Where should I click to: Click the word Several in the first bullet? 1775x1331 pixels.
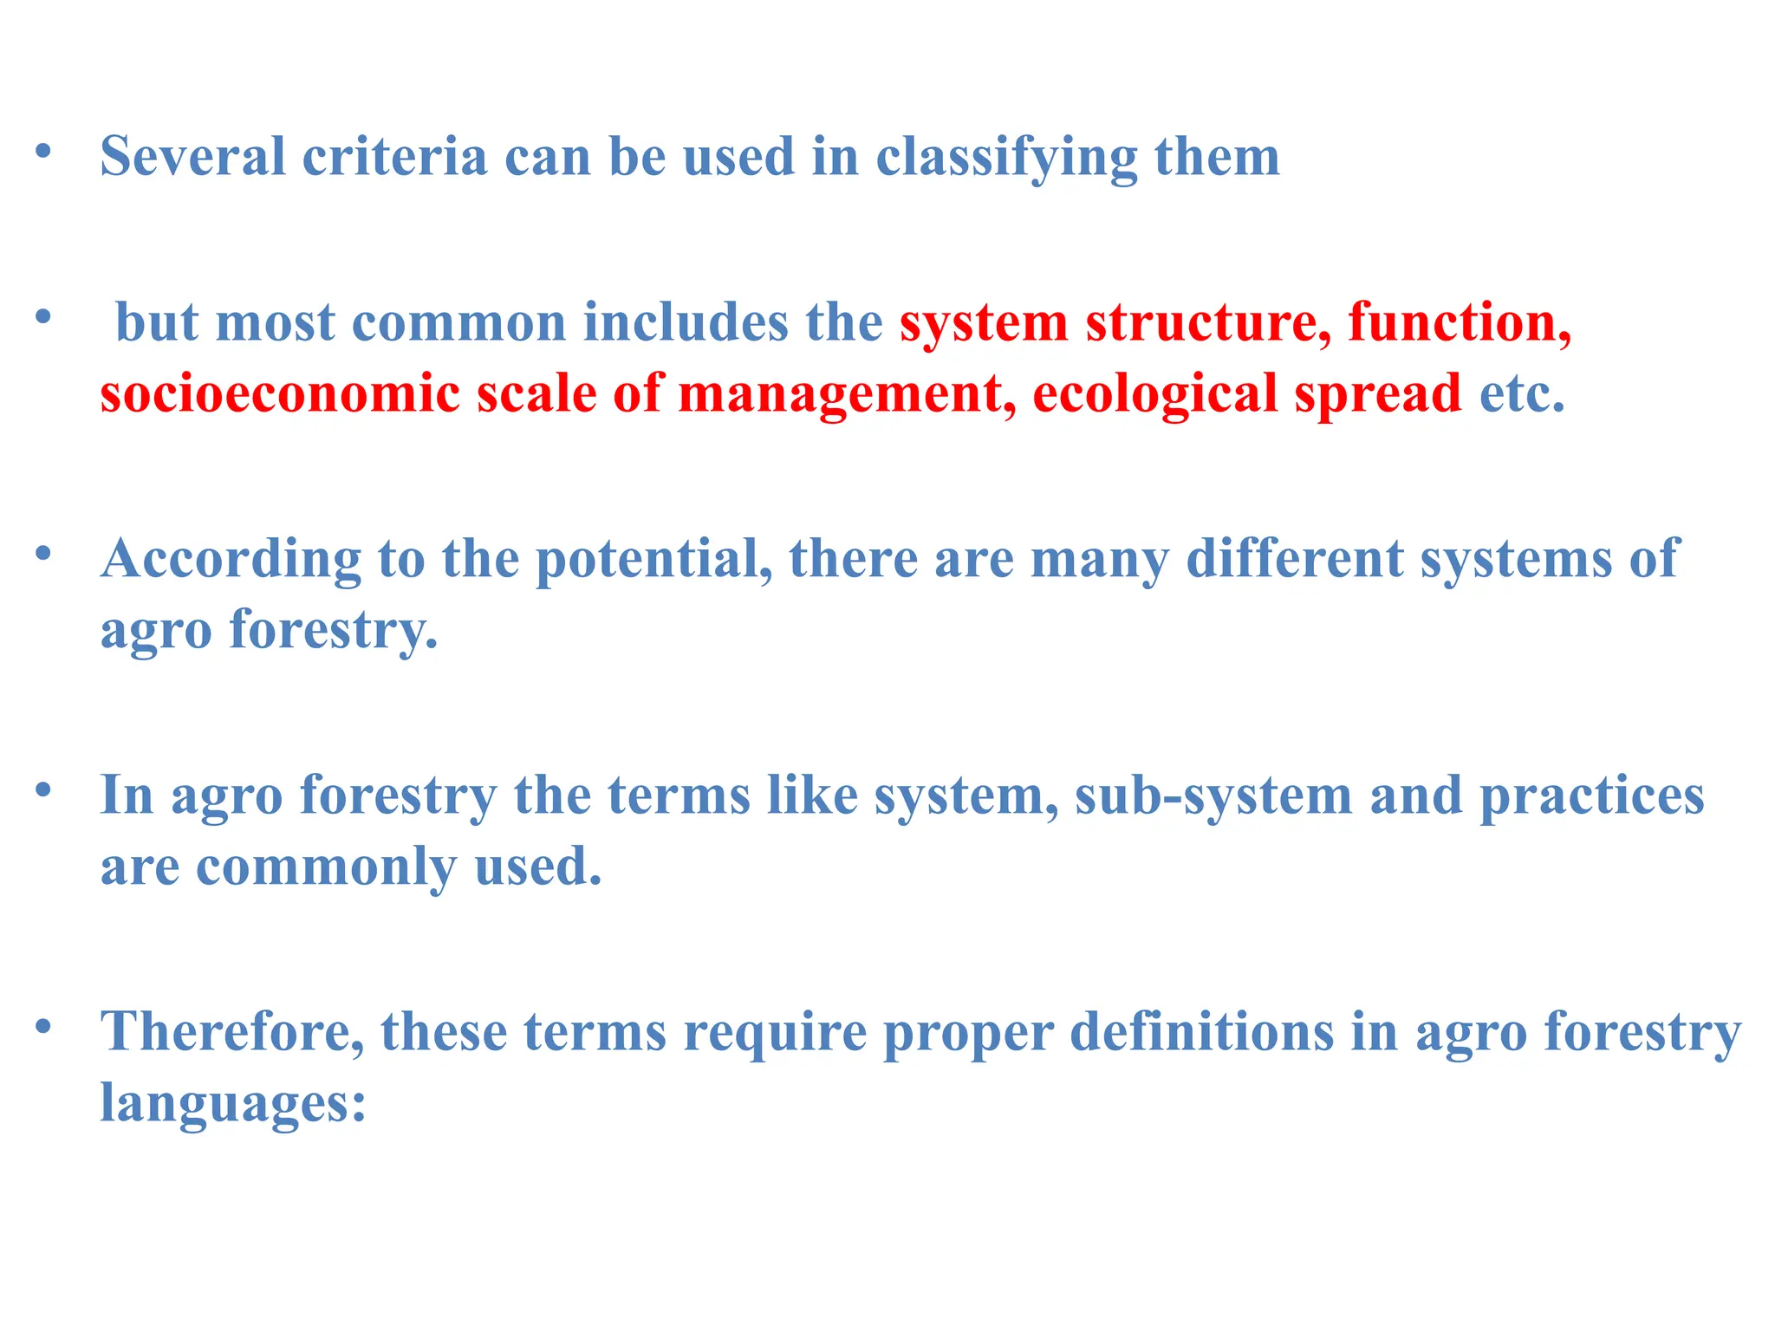point(192,157)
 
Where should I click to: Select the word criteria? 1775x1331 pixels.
point(394,157)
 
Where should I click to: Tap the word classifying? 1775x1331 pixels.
point(1006,159)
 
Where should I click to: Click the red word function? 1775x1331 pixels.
point(1460,322)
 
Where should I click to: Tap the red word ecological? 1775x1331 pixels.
point(1155,395)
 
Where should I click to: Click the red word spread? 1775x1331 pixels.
point(1378,395)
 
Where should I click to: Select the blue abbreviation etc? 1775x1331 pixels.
point(1522,393)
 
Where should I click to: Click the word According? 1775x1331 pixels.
point(231,560)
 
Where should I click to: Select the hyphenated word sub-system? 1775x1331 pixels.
point(1213,796)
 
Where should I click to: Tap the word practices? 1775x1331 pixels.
point(1591,796)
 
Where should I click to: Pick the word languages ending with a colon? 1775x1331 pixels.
point(233,1104)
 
